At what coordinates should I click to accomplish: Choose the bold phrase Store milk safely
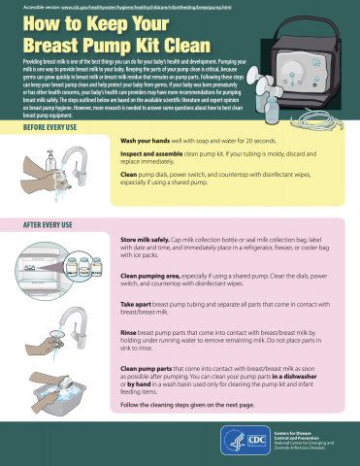pos(146,239)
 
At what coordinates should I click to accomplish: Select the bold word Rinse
pos(128,332)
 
